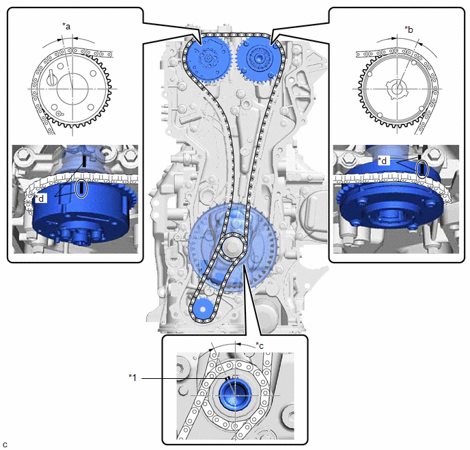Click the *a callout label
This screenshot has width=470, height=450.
coord(66,27)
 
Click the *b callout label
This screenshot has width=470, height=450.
coord(409,29)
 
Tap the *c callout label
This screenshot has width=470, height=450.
coord(260,345)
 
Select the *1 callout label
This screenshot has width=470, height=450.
coord(133,378)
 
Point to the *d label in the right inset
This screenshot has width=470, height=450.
coord(383,161)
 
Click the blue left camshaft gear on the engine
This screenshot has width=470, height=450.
coord(208,59)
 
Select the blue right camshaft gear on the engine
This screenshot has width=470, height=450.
coord(258,59)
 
